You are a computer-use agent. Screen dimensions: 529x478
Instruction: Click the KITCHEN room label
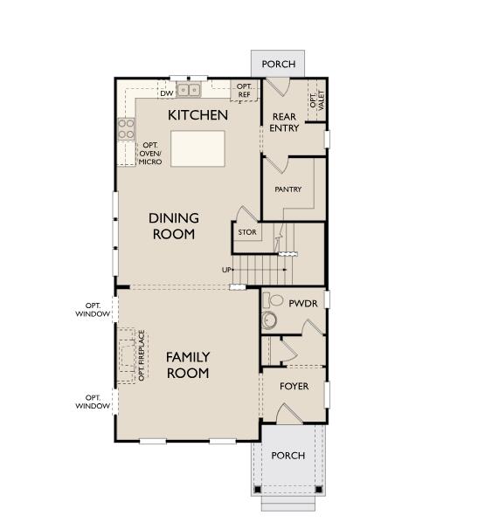pyautogui.click(x=198, y=115)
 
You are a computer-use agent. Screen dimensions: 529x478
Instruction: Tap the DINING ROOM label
pyautogui.click(x=173, y=226)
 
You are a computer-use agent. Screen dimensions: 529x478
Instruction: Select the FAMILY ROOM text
pyautogui.click(x=187, y=365)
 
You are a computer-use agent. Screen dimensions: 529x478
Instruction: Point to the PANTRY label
pyautogui.click(x=287, y=189)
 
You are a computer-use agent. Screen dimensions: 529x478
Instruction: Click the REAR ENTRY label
pyautogui.click(x=285, y=122)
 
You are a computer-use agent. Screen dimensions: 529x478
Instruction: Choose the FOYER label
pyautogui.click(x=294, y=387)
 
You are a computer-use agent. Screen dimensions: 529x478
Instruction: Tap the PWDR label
pyautogui.click(x=302, y=304)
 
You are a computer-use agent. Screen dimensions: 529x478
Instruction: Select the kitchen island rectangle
pyautogui.click(x=197, y=148)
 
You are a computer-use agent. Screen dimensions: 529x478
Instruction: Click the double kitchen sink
pyautogui.click(x=189, y=89)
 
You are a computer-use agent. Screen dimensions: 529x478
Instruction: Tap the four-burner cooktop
pyautogui.click(x=126, y=129)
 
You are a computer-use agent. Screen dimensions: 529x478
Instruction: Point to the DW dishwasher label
pyautogui.click(x=165, y=93)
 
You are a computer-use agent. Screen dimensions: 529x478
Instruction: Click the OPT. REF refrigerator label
pyautogui.click(x=245, y=91)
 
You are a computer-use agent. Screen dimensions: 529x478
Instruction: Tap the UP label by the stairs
pyautogui.click(x=226, y=270)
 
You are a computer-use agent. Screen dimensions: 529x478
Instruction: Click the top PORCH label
pyautogui.click(x=279, y=64)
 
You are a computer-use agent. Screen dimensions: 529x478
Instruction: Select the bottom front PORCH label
pyautogui.click(x=287, y=456)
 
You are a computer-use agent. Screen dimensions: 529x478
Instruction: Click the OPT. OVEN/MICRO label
pyautogui.click(x=150, y=154)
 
